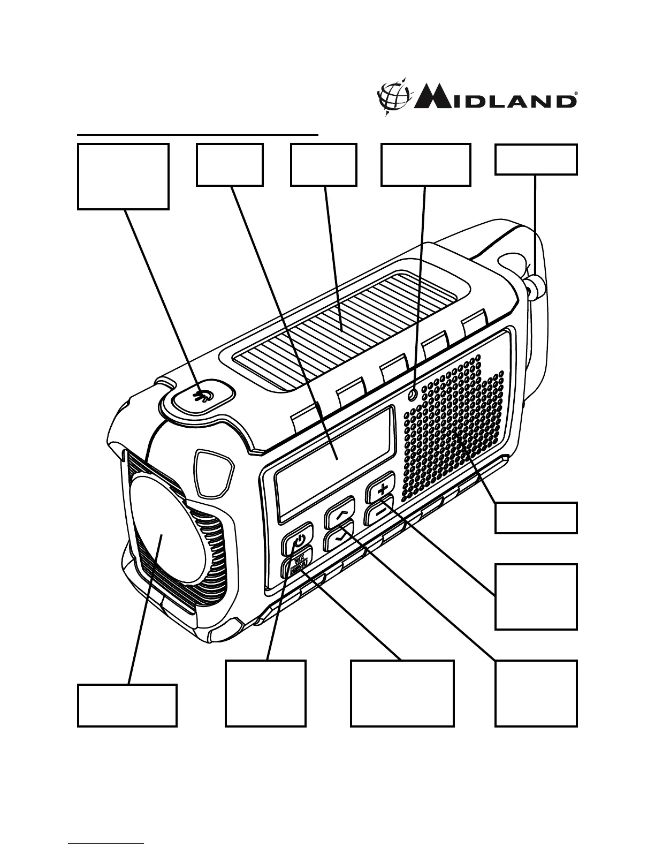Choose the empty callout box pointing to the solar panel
(x=323, y=164)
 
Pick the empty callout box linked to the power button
(x=265, y=693)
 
